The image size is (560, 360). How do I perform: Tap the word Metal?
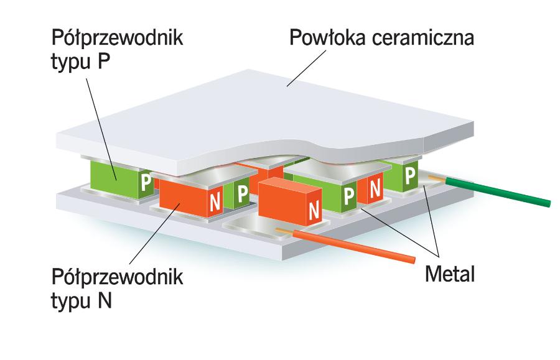(x=449, y=273)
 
